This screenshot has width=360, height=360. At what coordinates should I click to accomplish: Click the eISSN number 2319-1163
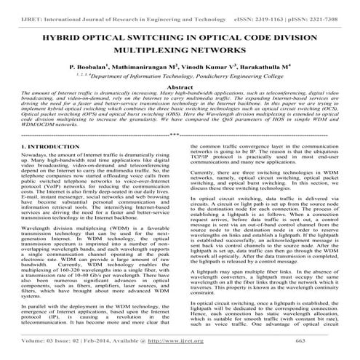(x=281, y=8)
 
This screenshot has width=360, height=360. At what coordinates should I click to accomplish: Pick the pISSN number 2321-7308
(x=335, y=8)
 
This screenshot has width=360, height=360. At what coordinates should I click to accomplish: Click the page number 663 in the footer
(x=317, y=351)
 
